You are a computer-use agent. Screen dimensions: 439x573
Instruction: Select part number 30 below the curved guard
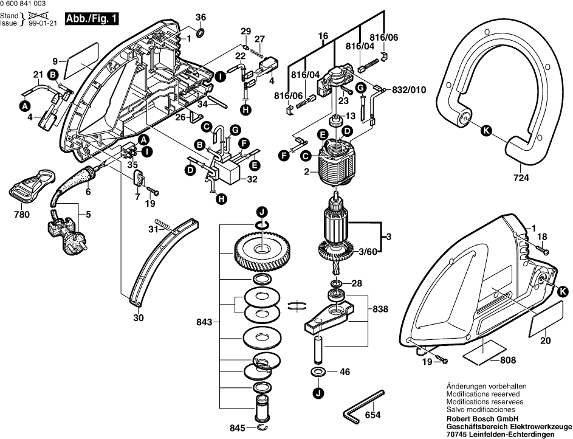click(139, 317)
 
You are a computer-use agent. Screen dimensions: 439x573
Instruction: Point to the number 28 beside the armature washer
click(356, 283)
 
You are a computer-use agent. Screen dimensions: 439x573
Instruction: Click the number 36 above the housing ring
click(201, 17)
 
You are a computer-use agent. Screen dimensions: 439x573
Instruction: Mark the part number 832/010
click(410, 89)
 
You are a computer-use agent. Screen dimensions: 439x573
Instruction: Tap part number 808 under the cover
click(508, 361)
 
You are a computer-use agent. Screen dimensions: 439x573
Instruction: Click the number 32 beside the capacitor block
click(252, 179)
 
